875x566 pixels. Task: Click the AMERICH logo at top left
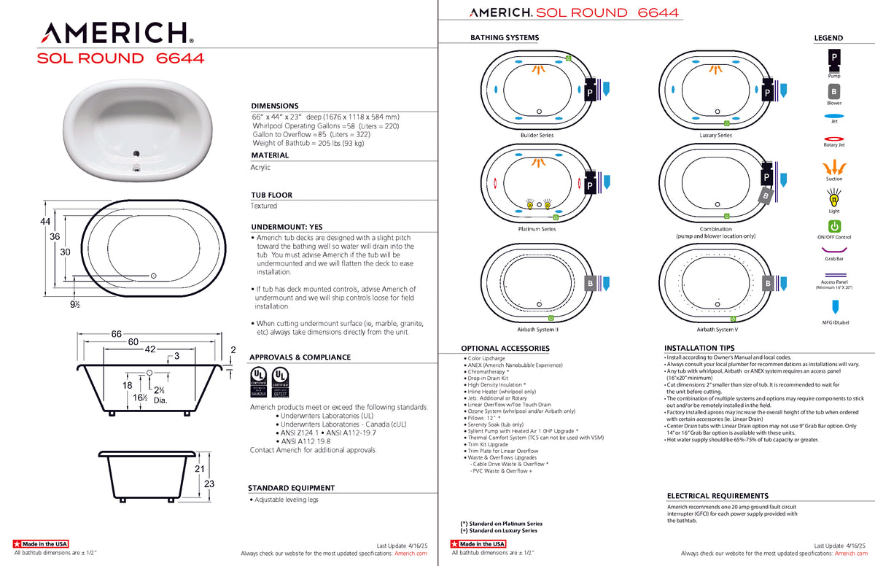pyautogui.click(x=115, y=32)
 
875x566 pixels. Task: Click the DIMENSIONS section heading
pyautogui.click(x=275, y=106)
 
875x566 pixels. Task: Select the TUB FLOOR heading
pyautogui.click(x=271, y=195)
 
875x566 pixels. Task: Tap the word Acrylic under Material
pyautogui.click(x=260, y=167)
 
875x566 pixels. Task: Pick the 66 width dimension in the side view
pyautogui.click(x=116, y=333)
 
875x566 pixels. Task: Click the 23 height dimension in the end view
pyautogui.click(x=209, y=484)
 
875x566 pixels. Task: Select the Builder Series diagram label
pyautogui.click(x=537, y=136)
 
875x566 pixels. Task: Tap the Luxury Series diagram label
pyautogui.click(x=715, y=136)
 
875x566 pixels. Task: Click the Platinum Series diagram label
pyautogui.click(x=537, y=229)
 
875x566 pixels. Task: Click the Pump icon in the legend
pyautogui.click(x=833, y=57)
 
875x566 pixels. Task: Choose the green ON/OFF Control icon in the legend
pyautogui.click(x=834, y=226)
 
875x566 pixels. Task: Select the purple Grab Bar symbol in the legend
pyautogui.click(x=834, y=249)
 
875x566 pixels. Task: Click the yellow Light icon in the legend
pyautogui.click(x=833, y=197)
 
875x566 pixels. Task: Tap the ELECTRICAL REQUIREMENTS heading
pyautogui.click(x=717, y=496)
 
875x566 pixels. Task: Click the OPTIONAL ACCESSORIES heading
pyautogui.click(x=505, y=349)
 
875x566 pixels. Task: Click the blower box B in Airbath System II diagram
pyautogui.click(x=590, y=282)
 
